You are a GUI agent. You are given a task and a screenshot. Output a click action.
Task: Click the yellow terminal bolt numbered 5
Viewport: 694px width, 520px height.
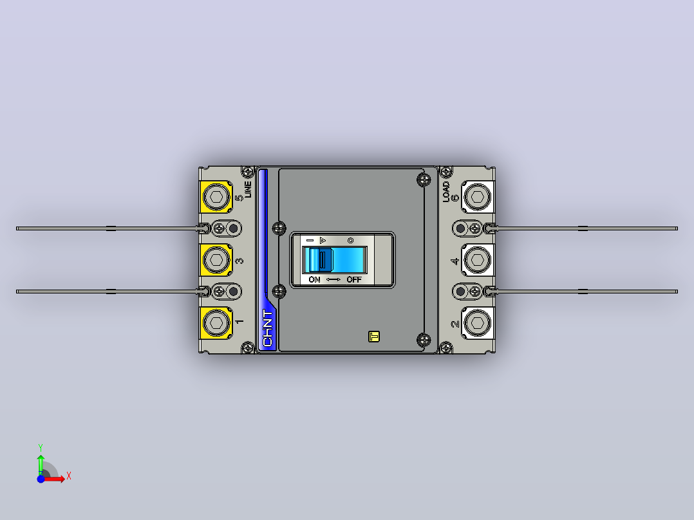[x=216, y=196]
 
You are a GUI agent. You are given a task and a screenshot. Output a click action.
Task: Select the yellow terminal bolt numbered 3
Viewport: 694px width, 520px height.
[x=216, y=260]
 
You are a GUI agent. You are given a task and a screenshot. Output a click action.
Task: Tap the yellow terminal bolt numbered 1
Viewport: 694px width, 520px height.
[x=216, y=323]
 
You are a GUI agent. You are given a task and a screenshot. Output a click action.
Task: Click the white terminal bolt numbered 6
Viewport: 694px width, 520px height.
[x=477, y=196]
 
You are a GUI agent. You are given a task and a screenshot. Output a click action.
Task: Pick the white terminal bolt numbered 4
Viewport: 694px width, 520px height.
[x=477, y=260]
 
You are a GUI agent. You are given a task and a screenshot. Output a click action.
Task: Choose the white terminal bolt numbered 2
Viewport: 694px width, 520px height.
[x=477, y=323]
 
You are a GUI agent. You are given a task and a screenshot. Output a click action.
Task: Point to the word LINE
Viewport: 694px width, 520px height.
[x=248, y=189]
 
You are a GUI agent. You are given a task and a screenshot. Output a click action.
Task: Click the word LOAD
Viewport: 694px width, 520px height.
[x=446, y=192]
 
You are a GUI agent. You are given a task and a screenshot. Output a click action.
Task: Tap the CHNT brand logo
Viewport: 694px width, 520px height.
[x=268, y=328]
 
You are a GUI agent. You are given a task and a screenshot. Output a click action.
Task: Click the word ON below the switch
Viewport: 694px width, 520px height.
[x=314, y=280]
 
